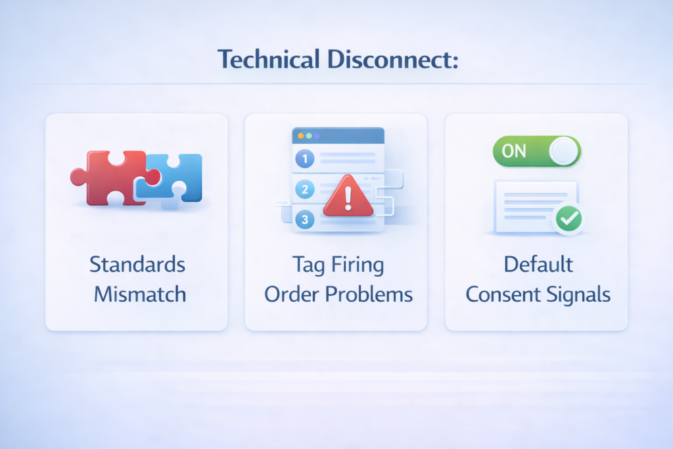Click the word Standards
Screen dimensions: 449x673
(x=137, y=264)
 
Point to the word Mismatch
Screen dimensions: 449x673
(x=139, y=294)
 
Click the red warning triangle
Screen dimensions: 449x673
(x=348, y=196)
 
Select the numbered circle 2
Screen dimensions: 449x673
(x=305, y=190)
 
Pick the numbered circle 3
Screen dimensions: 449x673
(x=305, y=220)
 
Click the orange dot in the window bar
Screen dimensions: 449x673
(x=301, y=135)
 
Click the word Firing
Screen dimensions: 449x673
(x=358, y=265)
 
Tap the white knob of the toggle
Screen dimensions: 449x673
(x=563, y=151)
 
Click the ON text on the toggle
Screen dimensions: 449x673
(x=513, y=151)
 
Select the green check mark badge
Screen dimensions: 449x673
(x=567, y=220)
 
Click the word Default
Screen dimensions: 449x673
(x=538, y=264)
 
